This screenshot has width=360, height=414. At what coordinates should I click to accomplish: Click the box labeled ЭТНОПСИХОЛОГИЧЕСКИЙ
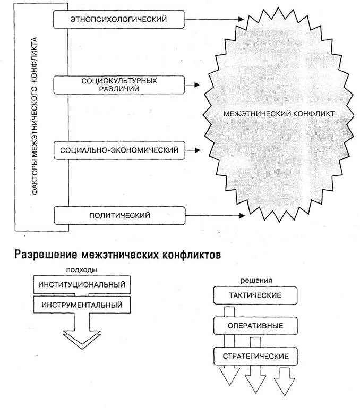pyautogui.click(x=119, y=20)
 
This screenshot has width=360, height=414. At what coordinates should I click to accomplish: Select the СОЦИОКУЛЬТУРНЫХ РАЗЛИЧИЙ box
pyautogui.click(x=119, y=85)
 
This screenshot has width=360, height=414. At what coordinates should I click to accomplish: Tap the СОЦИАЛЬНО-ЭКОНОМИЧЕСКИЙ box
pyautogui.click(x=119, y=150)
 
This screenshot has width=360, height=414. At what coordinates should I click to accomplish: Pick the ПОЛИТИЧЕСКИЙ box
pyautogui.click(x=119, y=215)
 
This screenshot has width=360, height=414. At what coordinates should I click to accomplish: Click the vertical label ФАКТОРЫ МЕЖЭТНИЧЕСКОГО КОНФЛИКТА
pyautogui.click(x=35, y=117)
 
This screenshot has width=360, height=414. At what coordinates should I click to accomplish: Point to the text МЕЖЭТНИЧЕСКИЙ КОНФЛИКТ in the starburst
pyautogui.click(x=279, y=114)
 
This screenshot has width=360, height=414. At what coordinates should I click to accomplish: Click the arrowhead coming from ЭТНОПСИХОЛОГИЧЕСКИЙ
pyautogui.click(x=242, y=20)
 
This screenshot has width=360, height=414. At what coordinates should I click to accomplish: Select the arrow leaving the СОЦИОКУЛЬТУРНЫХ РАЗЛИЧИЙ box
pyautogui.click(x=192, y=85)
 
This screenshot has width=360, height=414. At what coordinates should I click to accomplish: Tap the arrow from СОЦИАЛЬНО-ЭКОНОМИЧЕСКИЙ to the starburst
pyautogui.click(x=192, y=150)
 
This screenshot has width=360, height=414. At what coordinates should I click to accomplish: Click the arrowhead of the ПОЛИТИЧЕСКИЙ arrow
pyautogui.click(x=242, y=215)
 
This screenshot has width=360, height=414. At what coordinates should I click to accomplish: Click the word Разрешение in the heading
pyautogui.click(x=45, y=254)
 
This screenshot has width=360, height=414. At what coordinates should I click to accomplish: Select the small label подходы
pyautogui.click(x=82, y=269)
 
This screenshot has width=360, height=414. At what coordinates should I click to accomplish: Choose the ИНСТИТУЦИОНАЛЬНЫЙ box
pyautogui.click(x=82, y=284)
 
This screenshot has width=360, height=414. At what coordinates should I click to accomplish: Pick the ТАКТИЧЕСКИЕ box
pyautogui.click(x=255, y=295)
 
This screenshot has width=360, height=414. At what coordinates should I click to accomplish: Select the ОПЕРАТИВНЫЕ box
pyautogui.click(x=255, y=325)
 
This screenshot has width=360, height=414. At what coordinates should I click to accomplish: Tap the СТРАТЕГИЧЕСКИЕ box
pyautogui.click(x=255, y=356)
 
